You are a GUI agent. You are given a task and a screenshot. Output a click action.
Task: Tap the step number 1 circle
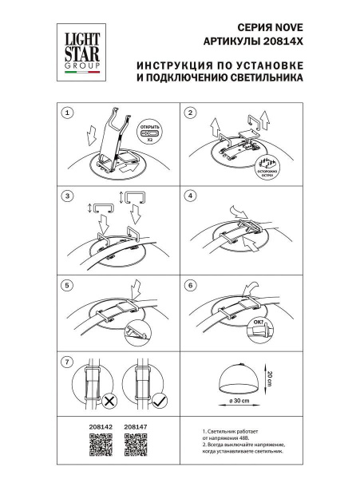(x=68, y=113)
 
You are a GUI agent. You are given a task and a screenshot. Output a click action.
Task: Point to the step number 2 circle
(x=190, y=113)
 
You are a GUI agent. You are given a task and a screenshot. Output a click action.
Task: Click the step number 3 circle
(x=68, y=196)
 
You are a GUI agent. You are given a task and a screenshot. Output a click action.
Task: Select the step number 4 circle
(x=190, y=196)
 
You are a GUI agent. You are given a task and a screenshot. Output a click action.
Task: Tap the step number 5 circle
(x=68, y=284)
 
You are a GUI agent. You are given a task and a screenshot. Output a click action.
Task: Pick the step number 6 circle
(x=190, y=284)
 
